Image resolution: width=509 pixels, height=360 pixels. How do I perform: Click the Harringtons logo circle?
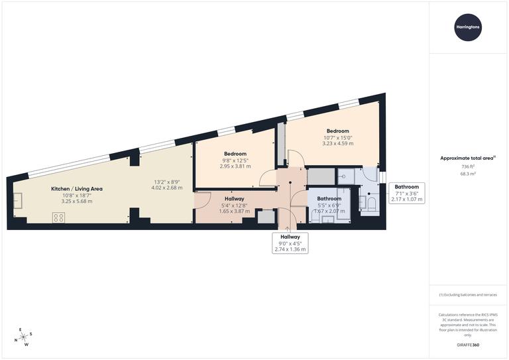pos(469,27)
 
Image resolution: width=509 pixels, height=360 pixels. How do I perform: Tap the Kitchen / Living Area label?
pos(77,189)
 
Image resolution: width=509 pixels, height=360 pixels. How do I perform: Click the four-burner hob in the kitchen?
pos(58,217)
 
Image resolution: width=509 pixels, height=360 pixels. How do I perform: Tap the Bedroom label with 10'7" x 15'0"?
pos(337,131)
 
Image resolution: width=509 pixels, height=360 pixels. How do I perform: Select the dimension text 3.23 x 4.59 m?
pos(337,144)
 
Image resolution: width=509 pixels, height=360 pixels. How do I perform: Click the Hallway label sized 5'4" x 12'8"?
pos(234,199)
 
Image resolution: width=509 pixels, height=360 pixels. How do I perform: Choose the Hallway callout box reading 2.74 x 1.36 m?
pos(290,243)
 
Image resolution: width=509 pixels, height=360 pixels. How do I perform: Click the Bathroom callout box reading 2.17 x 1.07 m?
pos(406,193)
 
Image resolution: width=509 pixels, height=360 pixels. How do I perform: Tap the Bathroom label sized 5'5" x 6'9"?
pos(329,199)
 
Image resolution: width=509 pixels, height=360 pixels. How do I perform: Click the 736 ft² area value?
pos(469,167)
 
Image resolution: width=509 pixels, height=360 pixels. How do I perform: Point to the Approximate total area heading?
pos(468,158)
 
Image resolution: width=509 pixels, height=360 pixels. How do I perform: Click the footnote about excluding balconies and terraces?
pos(468,294)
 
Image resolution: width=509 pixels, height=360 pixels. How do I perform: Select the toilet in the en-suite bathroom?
pos(372,202)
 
